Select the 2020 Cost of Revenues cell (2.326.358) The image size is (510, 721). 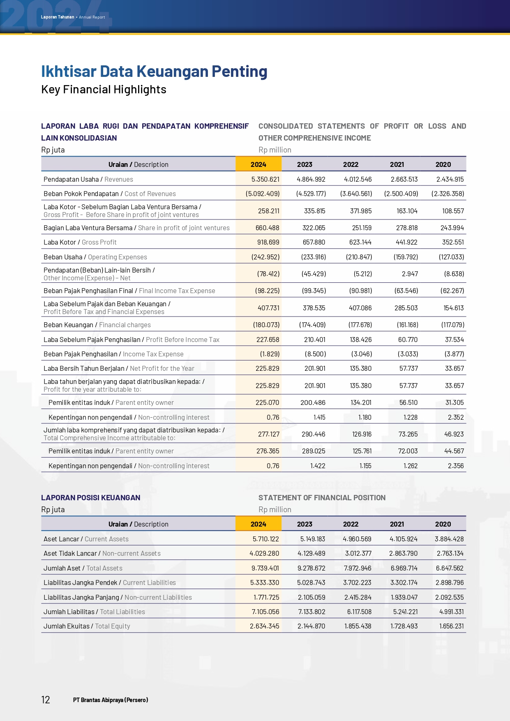coord(448,194)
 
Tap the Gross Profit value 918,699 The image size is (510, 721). coord(268,242)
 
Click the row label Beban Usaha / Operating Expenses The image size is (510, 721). coord(95,257)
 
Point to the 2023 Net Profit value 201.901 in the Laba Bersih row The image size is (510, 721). coord(314,368)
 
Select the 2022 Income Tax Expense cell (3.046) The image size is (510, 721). coord(361,354)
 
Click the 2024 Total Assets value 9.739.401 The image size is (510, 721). coord(265,568)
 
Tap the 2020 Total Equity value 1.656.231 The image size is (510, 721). coord(451,626)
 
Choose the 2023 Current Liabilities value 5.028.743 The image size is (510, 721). coord(311,582)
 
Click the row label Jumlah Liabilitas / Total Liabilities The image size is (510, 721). coord(94,612)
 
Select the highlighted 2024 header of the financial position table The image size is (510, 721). coord(258,524)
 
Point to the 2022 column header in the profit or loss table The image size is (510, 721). coord(351,164)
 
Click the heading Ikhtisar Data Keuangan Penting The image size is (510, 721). coord(154,71)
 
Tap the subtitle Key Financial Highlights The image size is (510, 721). coord(104,90)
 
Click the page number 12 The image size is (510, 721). coord(46,700)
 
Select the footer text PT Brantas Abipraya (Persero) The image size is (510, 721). coord(111,700)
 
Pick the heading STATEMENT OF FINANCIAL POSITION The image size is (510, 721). coord(322,498)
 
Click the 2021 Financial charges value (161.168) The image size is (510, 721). coord(407,325)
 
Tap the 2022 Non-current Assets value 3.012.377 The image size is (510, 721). coord(358,553)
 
